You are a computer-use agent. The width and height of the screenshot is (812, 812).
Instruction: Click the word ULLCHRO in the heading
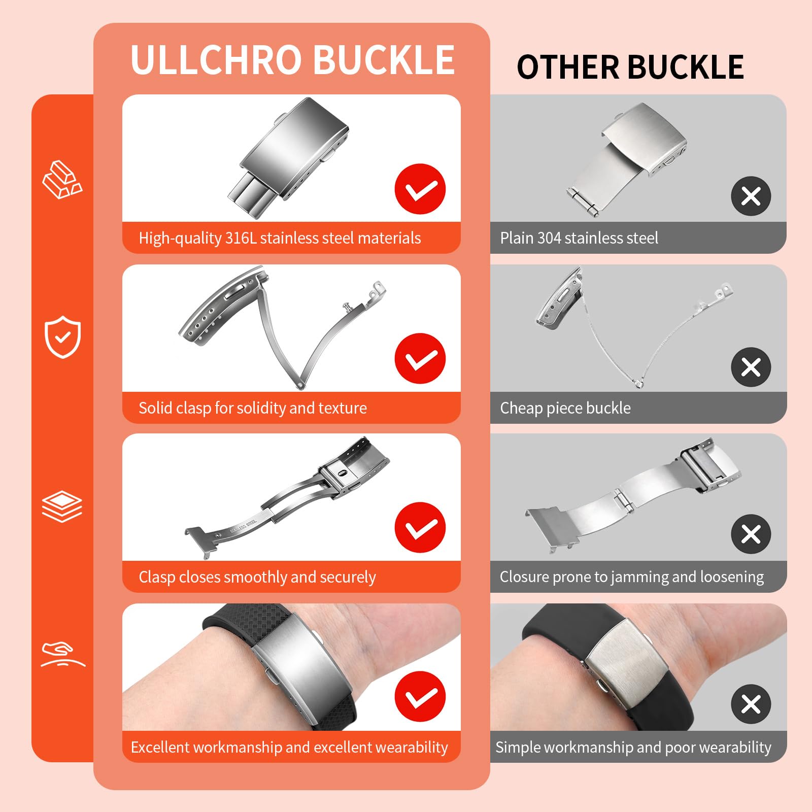pyautogui.click(x=216, y=60)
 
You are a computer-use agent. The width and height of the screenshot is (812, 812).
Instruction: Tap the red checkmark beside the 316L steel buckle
pyautogui.click(x=420, y=189)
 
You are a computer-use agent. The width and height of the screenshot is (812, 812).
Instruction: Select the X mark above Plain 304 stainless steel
pyautogui.click(x=751, y=196)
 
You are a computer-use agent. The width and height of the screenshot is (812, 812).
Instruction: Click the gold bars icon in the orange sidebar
pyautogui.click(x=62, y=180)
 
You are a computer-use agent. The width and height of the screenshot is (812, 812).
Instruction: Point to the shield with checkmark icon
pyautogui.click(x=62, y=337)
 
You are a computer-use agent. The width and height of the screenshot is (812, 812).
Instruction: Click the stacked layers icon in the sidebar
pyautogui.click(x=62, y=506)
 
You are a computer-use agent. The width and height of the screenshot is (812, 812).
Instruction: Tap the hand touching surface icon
pyautogui.click(x=62, y=655)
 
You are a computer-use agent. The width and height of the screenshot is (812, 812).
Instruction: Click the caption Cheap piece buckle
pyautogui.click(x=565, y=408)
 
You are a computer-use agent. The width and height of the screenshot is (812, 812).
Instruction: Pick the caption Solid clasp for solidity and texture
pyautogui.click(x=252, y=408)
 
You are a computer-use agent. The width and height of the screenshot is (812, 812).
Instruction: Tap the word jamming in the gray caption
pyautogui.click(x=639, y=577)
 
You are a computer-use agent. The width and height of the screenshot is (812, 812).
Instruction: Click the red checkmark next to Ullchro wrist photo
pyautogui.click(x=420, y=696)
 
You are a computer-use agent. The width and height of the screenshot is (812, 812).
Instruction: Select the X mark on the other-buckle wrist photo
pyautogui.click(x=751, y=704)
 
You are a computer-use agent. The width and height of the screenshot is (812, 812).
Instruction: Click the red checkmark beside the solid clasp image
pyautogui.click(x=420, y=358)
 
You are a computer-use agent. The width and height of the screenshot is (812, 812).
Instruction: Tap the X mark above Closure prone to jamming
pyautogui.click(x=751, y=534)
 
